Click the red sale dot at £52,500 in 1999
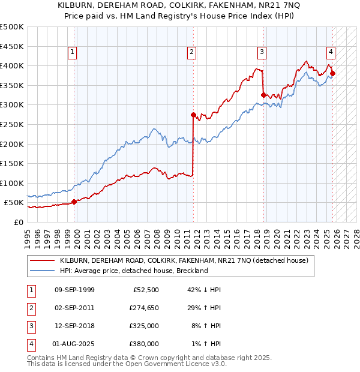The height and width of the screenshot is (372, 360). click(x=74, y=202)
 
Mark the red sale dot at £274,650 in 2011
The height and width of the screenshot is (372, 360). click(x=193, y=115)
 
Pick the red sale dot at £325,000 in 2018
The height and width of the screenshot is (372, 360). click(x=264, y=95)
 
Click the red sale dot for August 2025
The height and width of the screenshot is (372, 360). click(x=333, y=74)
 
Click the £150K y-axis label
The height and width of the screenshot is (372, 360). click(x=12, y=163)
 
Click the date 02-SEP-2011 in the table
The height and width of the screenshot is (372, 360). click(x=74, y=308)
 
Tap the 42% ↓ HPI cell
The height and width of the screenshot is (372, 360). click(x=205, y=290)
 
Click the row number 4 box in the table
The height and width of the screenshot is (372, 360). click(x=29, y=344)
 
